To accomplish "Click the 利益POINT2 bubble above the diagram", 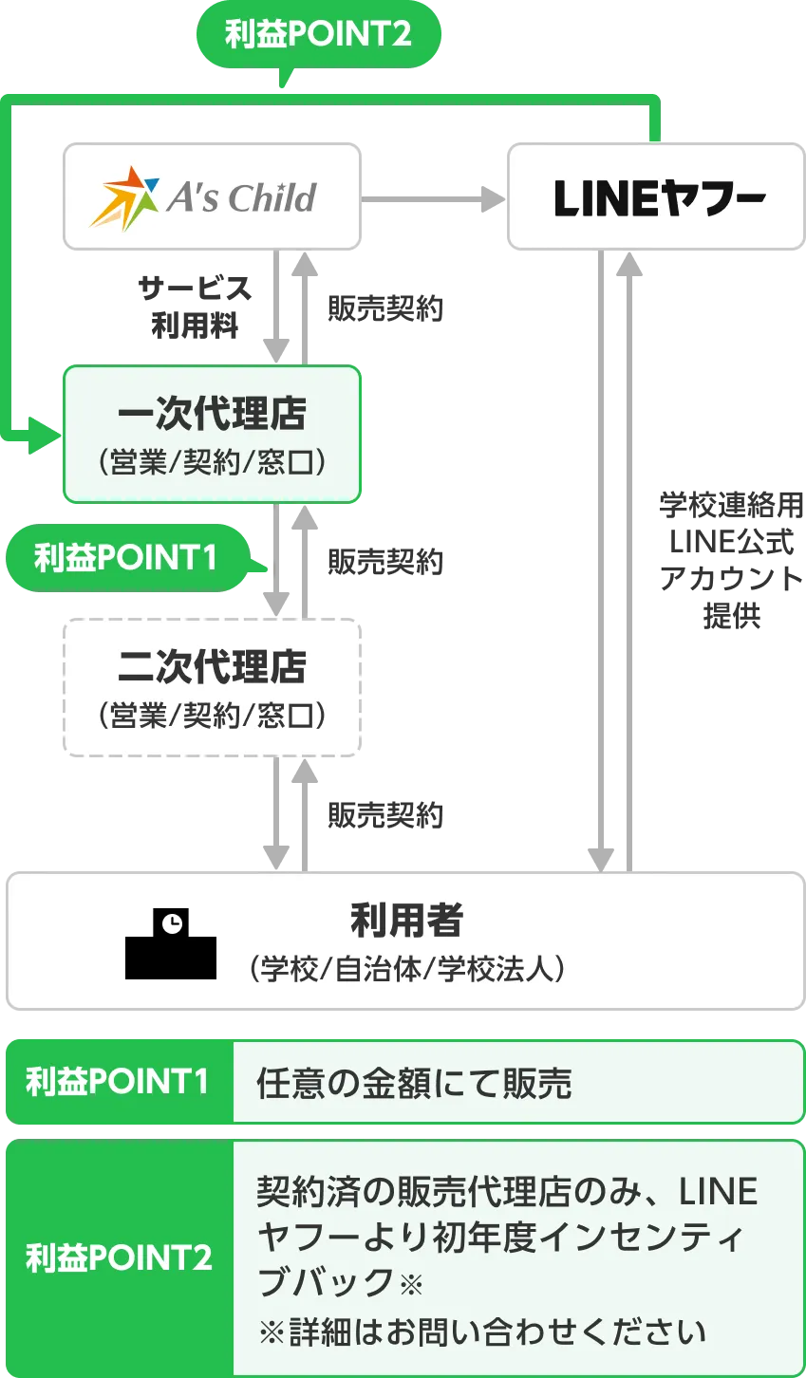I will click(318, 35).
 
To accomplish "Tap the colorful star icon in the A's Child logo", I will click(124, 197).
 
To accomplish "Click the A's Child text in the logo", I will click(241, 198).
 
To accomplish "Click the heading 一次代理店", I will click(212, 415).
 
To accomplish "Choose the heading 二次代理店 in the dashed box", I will click(212, 667).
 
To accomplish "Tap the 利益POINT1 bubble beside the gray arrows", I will click(125, 557).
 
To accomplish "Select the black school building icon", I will click(171, 945).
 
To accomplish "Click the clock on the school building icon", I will click(172, 922).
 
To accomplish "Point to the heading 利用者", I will click(406, 920).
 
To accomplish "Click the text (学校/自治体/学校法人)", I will click(406, 970).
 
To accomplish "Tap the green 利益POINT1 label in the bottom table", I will click(118, 1082).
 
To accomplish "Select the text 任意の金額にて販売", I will click(415, 1083).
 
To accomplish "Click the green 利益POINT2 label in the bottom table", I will click(118, 1258).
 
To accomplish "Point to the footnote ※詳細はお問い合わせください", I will click(482, 1331).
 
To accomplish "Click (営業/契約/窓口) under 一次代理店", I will click(212, 463).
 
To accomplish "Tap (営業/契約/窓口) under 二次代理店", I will click(212, 715).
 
